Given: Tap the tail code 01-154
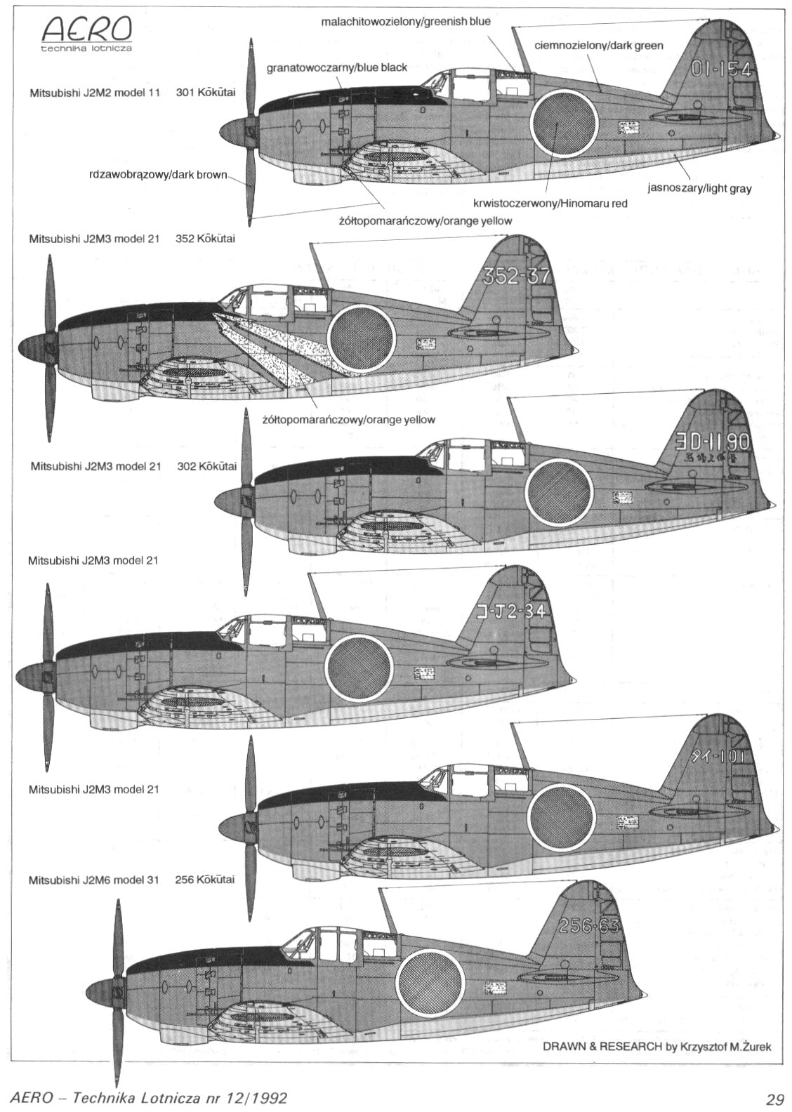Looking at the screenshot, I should (x=722, y=69).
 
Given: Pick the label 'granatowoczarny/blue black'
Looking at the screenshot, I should (x=337, y=68).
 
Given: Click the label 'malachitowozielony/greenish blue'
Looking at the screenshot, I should (x=406, y=22).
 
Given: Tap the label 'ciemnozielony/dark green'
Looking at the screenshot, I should (x=599, y=46).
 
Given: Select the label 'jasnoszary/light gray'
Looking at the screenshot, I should (x=699, y=189).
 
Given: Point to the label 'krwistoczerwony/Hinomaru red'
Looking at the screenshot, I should (x=550, y=204).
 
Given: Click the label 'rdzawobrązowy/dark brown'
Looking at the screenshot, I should (x=159, y=175).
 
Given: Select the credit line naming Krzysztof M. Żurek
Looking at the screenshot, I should (x=657, y=1047).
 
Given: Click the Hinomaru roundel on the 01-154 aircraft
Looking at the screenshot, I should (x=555, y=124).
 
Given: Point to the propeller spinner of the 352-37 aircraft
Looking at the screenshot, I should (x=35, y=345).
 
